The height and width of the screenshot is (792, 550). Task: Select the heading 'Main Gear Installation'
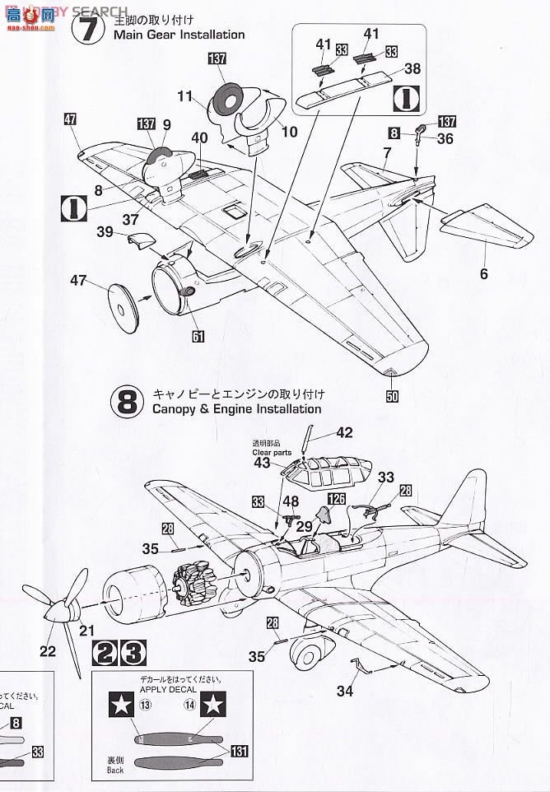pos(179,35)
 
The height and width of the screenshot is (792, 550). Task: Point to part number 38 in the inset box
pos(412,69)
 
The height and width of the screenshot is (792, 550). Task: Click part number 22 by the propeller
pos(48,650)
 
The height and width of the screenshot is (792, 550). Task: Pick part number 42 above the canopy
pos(344,433)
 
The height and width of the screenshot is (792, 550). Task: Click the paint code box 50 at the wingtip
pos(392,397)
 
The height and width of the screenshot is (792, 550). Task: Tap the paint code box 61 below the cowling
pos(198,336)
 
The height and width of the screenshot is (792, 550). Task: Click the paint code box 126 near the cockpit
pos(337,498)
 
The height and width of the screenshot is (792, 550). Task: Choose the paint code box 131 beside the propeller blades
pos(239,751)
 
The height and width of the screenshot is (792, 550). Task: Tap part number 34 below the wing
pos(344,691)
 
